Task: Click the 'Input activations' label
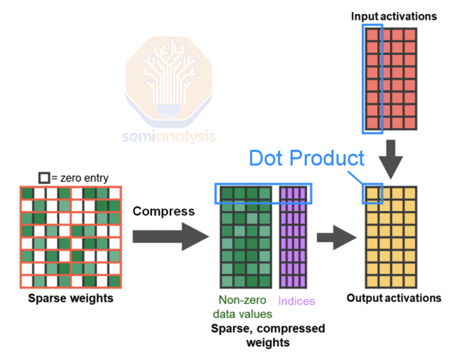pyautogui.click(x=394, y=17)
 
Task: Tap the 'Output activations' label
pyautogui.click(x=394, y=298)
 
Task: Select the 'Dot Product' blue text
pyautogui.click(x=306, y=159)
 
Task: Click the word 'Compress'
pyautogui.click(x=163, y=211)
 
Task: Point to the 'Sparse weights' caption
pyautogui.click(x=70, y=298)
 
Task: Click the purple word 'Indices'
pyautogui.click(x=296, y=301)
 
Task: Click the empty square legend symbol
pyautogui.click(x=43, y=178)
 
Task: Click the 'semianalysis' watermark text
pyautogui.click(x=169, y=136)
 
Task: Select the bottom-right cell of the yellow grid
pyautogui.click(x=410, y=282)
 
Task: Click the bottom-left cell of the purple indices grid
pyautogui.click(x=284, y=282)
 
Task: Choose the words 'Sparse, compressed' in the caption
pyautogui.click(x=268, y=329)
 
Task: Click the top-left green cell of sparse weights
pyautogui.click(x=28, y=193)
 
